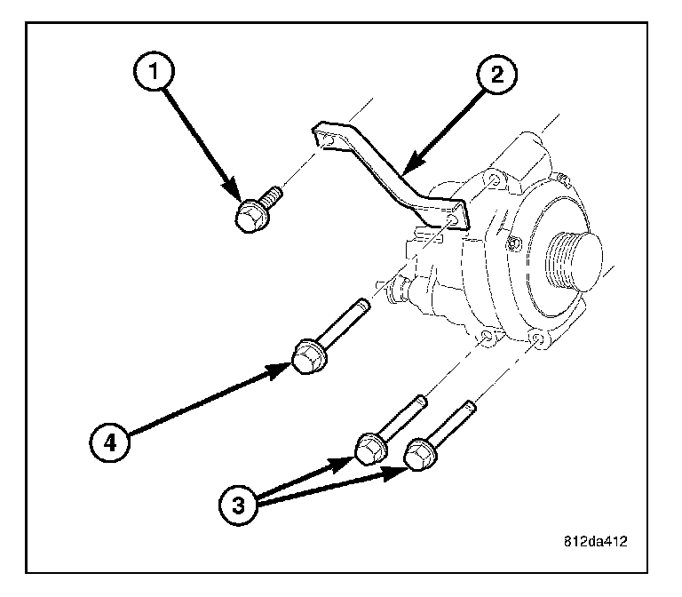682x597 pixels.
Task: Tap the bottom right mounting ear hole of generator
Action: tap(536, 339)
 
